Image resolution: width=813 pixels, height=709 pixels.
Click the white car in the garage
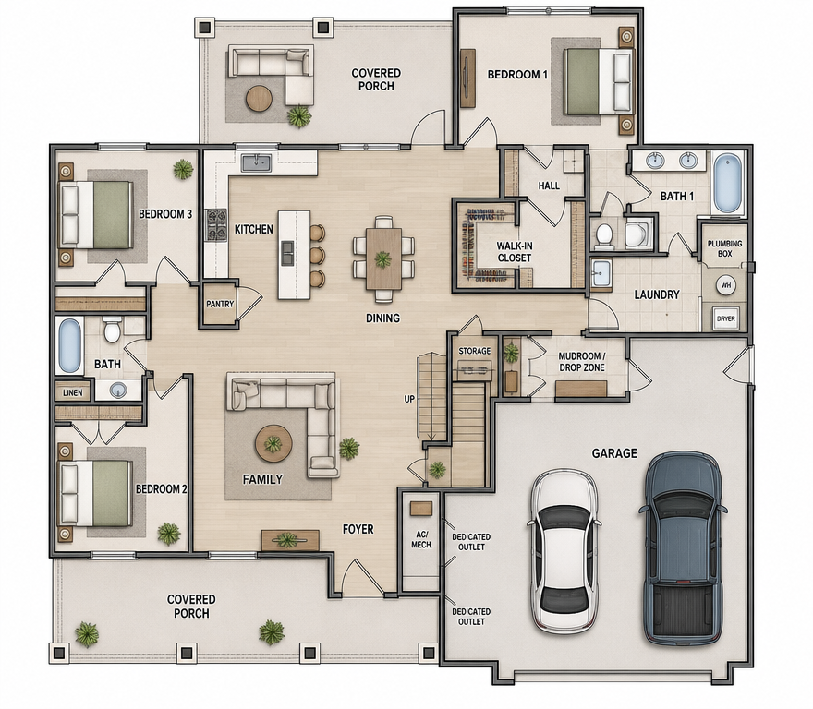point(564,550)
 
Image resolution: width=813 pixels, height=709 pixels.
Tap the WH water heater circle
point(725,285)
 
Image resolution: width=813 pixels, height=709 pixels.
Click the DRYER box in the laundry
point(725,318)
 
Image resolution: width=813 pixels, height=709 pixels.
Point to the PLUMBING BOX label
point(725,248)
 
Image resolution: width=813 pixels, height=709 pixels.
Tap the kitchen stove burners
point(216,225)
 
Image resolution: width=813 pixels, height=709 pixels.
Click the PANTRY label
point(220,305)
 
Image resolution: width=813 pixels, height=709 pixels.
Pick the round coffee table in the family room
point(273,444)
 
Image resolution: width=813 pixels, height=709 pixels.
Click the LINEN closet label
point(73,393)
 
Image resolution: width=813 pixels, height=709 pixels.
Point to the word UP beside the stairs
point(409,399)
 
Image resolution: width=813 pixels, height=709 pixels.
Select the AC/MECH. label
point(421,539)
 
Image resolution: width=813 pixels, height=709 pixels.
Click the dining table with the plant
point(383,258)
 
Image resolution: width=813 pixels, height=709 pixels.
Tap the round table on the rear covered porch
point(260,98)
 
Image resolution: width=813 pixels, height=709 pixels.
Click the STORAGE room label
point(475,351)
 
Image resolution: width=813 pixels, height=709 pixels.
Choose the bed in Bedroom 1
point(599,81)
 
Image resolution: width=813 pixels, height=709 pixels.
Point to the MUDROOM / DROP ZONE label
point(582,362)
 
